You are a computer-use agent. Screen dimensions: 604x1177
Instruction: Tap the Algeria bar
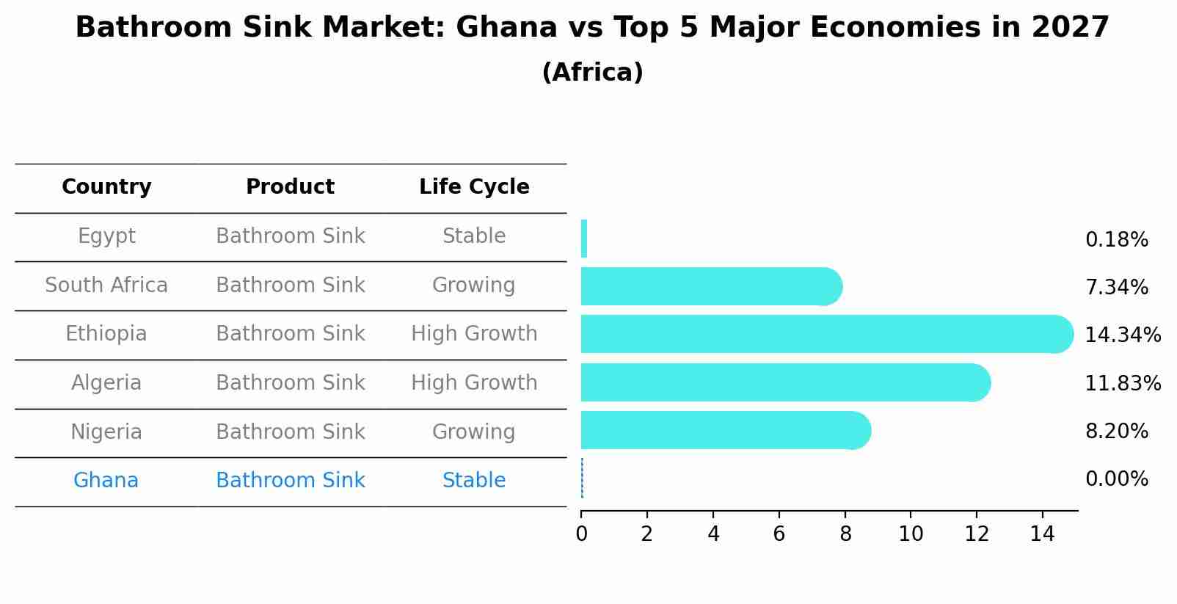[x=785, y=382]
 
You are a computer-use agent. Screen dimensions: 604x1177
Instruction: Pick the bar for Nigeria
[x=725, y=430]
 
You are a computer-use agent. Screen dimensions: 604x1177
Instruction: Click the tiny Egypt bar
[x=584, y=239]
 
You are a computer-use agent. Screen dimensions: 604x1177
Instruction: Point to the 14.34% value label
[x=1122, y=335]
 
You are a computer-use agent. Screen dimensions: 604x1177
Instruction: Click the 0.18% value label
[x=1116, y=240]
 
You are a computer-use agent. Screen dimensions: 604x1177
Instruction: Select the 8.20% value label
[x=1116, y=432]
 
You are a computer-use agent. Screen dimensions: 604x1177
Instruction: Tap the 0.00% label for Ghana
[x=1116, y=479]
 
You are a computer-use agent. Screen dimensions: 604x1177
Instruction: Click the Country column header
[x=106, y=187]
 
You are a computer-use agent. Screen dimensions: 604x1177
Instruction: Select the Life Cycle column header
[x=474, y=187]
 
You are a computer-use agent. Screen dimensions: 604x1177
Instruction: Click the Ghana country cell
[x=106, y=481]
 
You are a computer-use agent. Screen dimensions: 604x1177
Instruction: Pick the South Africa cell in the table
[x=106, y=285]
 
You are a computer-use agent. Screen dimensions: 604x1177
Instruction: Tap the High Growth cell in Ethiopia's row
[x=474, y=334]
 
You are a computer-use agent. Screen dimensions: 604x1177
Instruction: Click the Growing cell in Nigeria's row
[x=473, y=432]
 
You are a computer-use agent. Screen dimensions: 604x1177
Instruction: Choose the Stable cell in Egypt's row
[x=474, y=236]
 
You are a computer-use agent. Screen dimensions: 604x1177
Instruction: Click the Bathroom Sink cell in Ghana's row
[x=290, y=481]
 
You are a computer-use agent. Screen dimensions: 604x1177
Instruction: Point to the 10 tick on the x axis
[x=911, y=534]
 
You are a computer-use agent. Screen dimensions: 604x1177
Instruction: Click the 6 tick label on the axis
[x=779, y=534]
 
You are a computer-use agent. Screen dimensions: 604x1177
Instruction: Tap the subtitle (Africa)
[x=592, y=73]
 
